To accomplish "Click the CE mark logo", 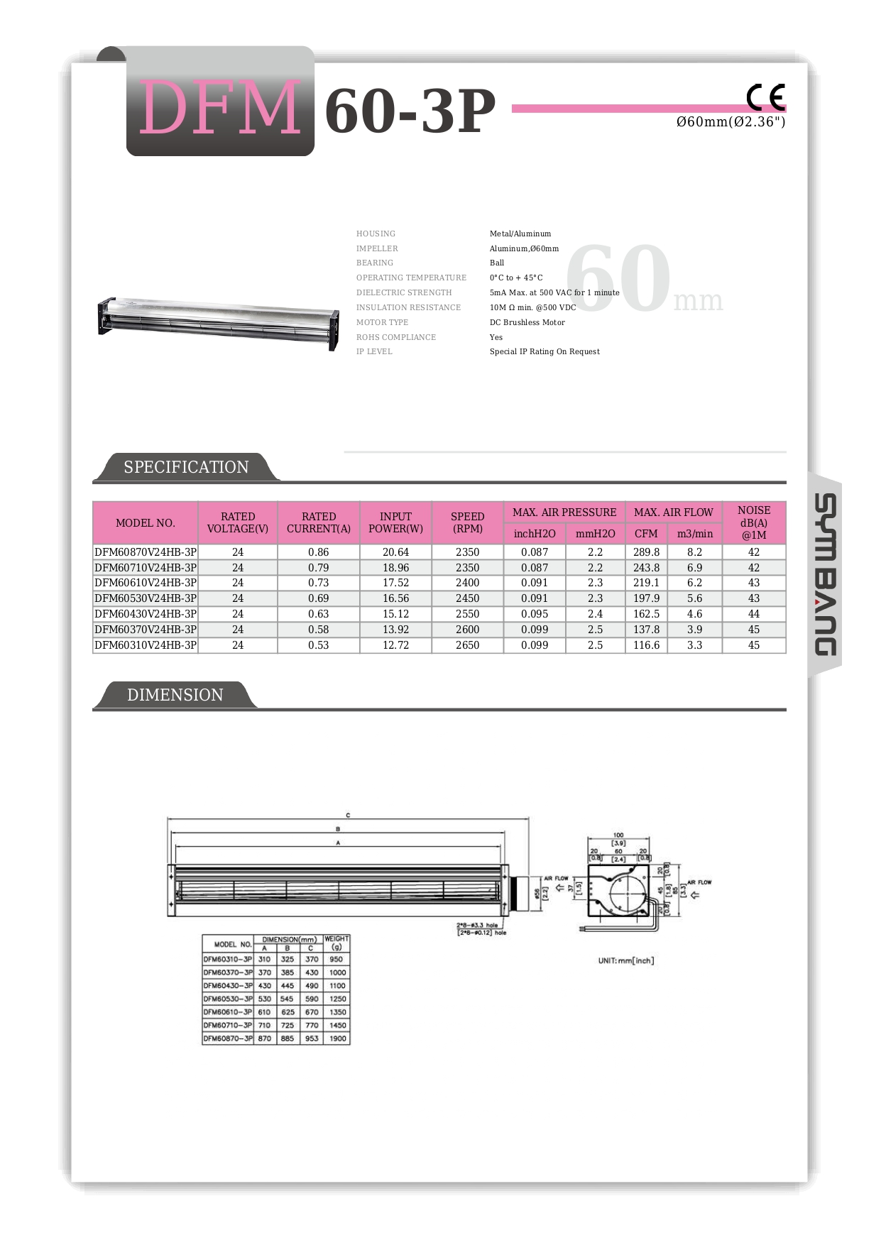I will [x=765, y=97].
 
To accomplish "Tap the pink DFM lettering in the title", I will [x=220, y=109].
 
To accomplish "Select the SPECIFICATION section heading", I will [x=186, y=467].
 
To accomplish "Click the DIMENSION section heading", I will [x=175, y=695].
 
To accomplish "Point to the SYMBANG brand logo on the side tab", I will [x=824, y=574].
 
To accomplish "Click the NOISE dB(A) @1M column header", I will [x=753, y=522].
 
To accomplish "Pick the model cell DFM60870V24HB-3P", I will [x=146, y=552].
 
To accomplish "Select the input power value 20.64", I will [x=395, y=552].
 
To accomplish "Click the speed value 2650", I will [x=467, y=645].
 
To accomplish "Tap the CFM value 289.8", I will [x=646, y=552].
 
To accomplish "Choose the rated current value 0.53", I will [x=319, y=645].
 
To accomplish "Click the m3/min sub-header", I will [x=694, y=534].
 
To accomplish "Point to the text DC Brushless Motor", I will [x=527, y=322].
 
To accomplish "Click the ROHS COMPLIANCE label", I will [x=396, y=337].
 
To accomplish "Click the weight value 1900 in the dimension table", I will [x=338, y=1038].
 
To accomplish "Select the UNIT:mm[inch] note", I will [x=626, y=960].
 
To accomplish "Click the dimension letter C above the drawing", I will [x=348, y=816].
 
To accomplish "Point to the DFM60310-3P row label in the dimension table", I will [x=228, y=959].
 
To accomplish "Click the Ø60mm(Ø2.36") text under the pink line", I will [x=730, y=122].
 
